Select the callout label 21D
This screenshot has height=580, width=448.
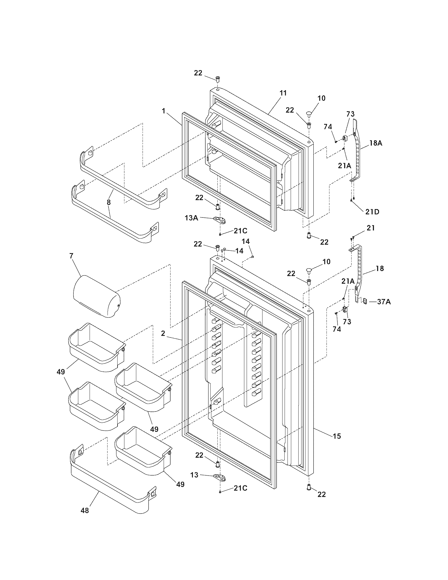click(x=372, y=212)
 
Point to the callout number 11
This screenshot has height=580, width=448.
click(x=283, y=93)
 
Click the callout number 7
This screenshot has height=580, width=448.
click(x=71, y=256)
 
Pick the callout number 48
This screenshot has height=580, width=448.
click(x=85, y=510)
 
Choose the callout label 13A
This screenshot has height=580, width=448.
click(x=192, y=218)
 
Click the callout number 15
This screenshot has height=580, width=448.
click(x=337, y=436)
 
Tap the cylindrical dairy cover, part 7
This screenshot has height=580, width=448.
click(x=96, y=296)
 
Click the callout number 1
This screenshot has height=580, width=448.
click(x=164, y=111)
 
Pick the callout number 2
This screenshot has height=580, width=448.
click(x=163, y=334)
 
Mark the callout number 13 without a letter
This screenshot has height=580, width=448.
click(x=194, y=475)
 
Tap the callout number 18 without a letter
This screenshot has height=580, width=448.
click(x=380, y=268)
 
